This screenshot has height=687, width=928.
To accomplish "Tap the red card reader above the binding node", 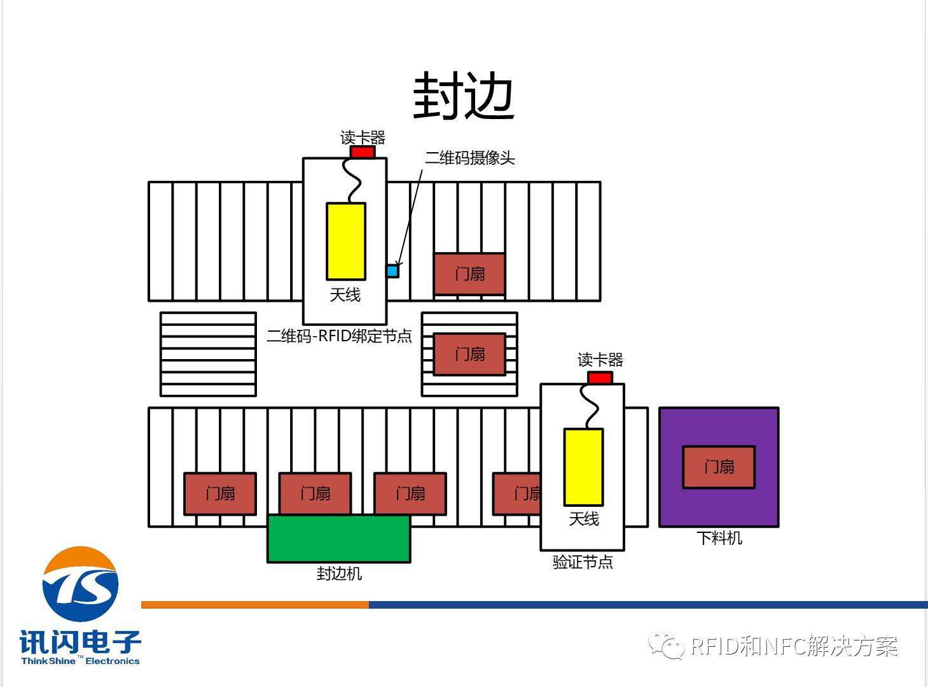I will (363, 152).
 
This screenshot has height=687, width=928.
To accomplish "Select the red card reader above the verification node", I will (600, 378).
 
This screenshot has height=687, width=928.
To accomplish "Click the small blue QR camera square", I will (392, 271).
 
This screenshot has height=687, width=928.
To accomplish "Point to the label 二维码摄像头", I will (469, 158).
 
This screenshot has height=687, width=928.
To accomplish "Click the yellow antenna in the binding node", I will (346, 241).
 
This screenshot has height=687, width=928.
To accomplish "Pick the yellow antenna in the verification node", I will (583, 467).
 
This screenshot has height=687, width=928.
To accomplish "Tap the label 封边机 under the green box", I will (339, 574).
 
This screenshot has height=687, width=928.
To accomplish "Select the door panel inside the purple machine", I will (719, 467).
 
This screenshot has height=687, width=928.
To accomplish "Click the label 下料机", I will (719, 538).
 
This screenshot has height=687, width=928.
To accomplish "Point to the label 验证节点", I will (583, 562).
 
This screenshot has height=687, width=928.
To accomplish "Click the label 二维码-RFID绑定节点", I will (339, 336).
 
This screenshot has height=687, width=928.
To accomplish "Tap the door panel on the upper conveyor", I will (469, 274).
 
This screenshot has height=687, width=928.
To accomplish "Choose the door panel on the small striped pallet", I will (469, 354).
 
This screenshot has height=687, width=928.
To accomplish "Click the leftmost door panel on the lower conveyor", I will (220, 493).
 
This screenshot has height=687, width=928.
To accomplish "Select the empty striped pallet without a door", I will (208, 354).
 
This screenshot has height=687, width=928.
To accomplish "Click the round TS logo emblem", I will (80, 584).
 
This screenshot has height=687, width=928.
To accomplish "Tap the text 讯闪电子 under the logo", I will (80, 642).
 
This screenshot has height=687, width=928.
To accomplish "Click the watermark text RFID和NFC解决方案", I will (793, 647).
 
